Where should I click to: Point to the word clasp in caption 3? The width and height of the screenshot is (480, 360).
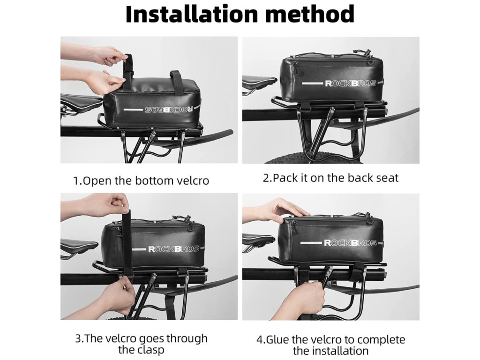coord(149,349)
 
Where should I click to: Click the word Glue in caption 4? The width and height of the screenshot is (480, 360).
coord(277,339)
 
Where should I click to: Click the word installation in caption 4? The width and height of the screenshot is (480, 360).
coord(342,351)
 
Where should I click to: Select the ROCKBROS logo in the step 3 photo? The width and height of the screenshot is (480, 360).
coord(174,248)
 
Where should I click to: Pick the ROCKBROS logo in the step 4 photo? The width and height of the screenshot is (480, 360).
coord(350,243)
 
